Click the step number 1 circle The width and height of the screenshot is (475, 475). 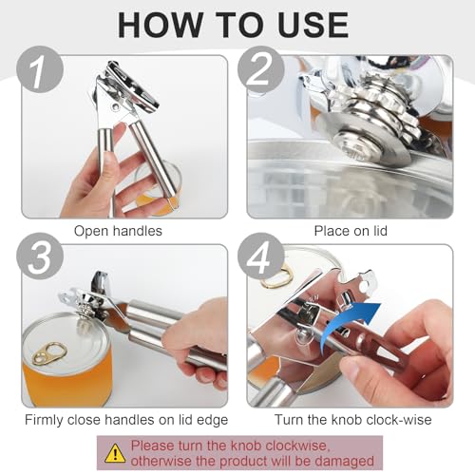(x=42, y=72)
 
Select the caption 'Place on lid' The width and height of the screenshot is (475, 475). (x=351, y=230)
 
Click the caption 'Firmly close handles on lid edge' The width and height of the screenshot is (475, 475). (x=123, y=418)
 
